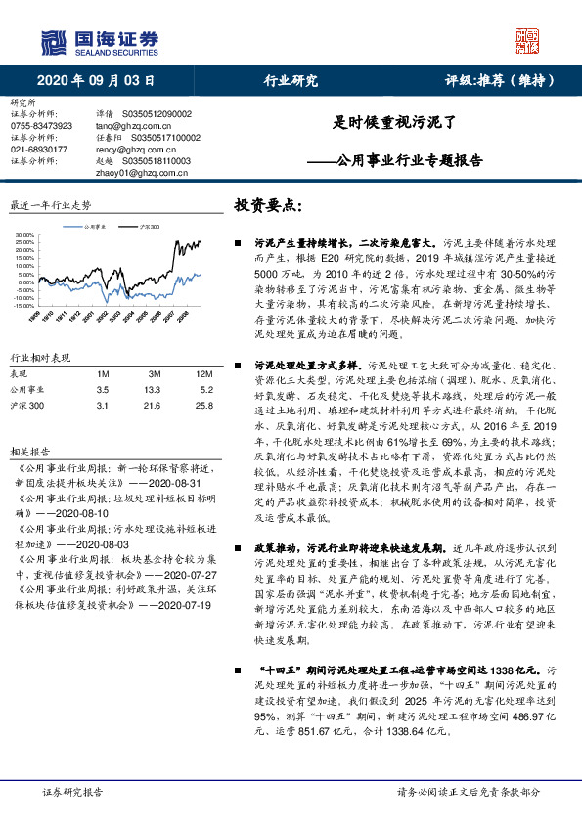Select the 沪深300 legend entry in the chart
pyautogui.click(x=148, y=225)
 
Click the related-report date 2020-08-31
pyautogui.click(x=176, y=483)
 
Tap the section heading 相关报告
pyautogui.click(x=28, y=452)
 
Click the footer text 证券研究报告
pyautogui.click(x=72, y=791)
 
